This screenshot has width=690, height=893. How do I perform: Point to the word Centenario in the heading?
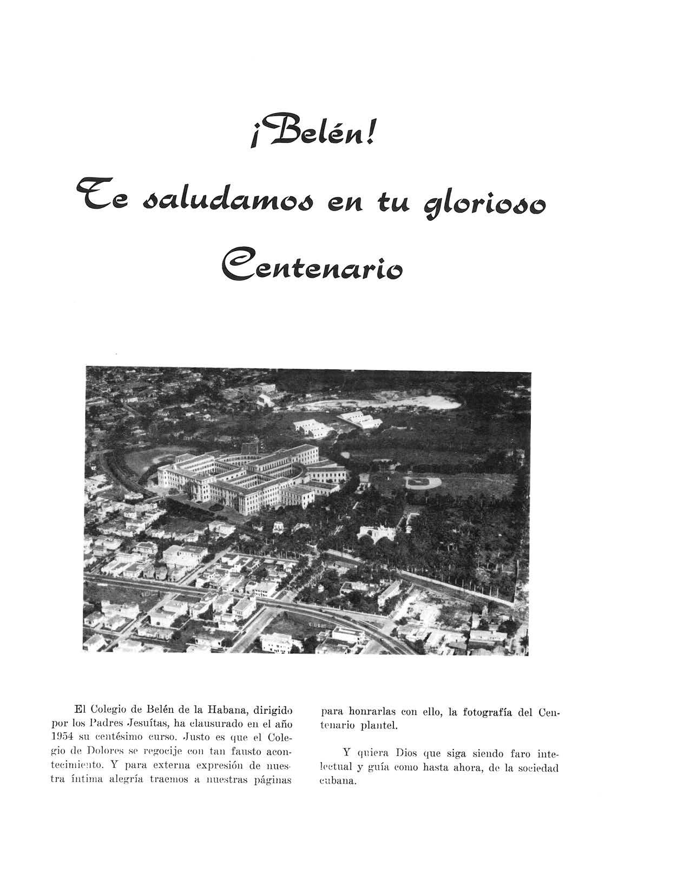point(312,266)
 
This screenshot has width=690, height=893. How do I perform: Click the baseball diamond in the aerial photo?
point(424,481)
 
